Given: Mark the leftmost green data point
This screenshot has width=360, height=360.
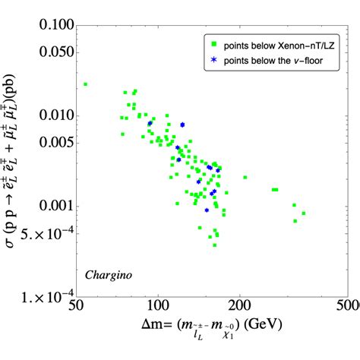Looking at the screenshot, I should [x=86, y=84].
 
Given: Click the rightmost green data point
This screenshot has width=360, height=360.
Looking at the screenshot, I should [x=303, y=213].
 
